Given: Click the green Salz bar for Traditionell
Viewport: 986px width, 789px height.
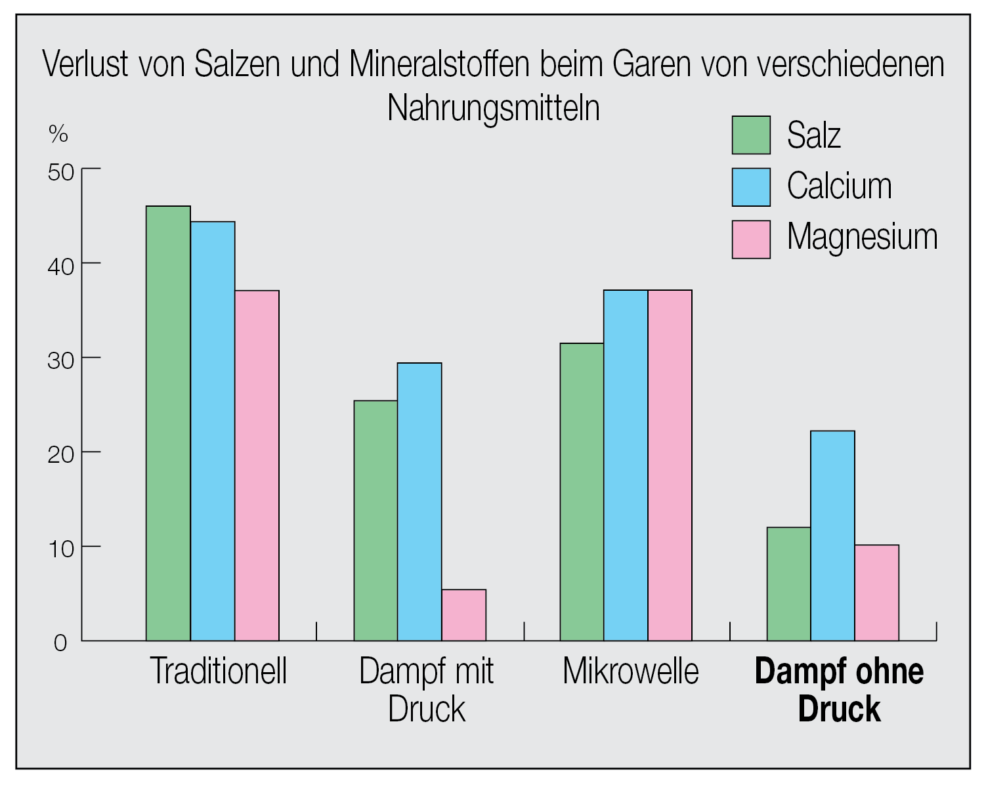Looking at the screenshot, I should [x=168, y=423].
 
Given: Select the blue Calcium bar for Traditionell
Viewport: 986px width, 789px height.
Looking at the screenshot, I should [x=213, y=431].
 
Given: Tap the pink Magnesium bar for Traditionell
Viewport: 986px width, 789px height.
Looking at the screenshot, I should [x=257, y=465].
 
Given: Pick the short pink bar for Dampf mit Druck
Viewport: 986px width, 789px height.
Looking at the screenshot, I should [x=464, y=615].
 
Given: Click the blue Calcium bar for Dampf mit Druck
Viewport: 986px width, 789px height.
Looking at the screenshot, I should [x=419, y=501].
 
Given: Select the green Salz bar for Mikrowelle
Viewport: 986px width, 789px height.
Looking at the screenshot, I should [x=582, y=492].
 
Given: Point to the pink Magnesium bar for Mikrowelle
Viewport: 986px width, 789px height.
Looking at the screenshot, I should [x=670, y=465].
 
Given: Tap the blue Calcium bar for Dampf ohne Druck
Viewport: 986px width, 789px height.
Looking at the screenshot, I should [x=832, y=536].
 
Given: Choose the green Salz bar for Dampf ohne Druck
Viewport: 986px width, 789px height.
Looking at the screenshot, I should [x=788, y=584].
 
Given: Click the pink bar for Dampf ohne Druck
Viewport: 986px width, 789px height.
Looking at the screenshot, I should [x=877, y=593].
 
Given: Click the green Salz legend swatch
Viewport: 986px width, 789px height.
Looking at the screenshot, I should [x=751, y=135].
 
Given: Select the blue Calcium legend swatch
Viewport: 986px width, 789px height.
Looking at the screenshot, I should [x=751, y=187].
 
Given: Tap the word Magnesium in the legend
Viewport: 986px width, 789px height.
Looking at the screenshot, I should [x=862, y=237].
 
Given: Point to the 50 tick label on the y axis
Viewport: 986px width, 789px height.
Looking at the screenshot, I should [x=61, y=173].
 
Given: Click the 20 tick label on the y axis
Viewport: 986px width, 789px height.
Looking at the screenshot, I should [x=61, y=454].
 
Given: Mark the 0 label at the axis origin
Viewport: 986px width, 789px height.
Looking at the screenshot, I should [x=60, y=643].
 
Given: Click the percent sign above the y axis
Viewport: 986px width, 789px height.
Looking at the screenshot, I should [x=58, y=135].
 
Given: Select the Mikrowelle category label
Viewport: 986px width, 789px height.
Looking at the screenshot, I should [x=631, y=672].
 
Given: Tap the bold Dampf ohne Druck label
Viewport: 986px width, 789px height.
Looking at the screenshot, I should [x=839, y=690].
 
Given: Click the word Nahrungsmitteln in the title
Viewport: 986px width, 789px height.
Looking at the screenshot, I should [x=494, y=108].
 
